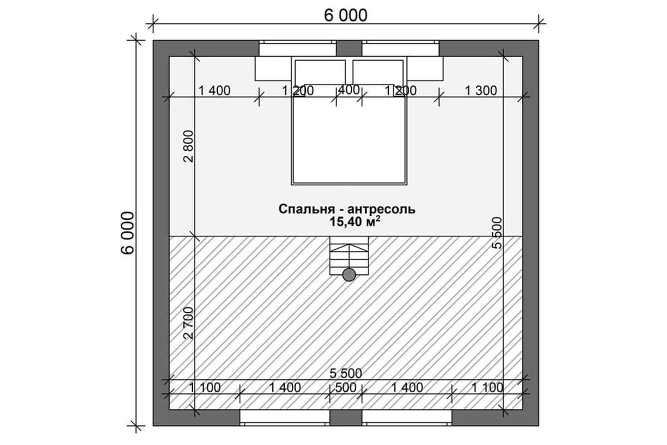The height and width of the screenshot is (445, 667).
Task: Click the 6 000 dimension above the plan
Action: (x=345, y=16)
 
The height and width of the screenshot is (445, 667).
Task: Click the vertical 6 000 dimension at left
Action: (x=127, y=233)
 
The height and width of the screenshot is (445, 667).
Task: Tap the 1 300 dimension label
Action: (x=481, y=91)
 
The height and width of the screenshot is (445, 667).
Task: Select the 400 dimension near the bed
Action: (x=349, y=90)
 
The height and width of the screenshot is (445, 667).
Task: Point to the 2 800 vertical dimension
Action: (x=188, y=146)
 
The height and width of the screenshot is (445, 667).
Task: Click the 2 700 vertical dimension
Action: (x=188, y=323)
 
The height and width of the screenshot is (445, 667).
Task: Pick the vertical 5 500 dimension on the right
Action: (x=497, y=233)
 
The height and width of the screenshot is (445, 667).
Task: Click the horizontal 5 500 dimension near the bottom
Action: (x=346, y=373)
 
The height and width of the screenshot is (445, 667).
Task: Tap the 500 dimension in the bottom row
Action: (x=345, y=388)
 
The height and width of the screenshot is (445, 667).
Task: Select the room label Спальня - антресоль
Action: (x=347, y=209)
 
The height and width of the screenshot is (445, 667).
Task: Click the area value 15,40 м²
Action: (x=355, y=221)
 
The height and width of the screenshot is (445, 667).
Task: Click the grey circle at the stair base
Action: (x=349, y=275)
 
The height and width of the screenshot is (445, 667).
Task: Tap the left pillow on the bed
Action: (x=320, y=72)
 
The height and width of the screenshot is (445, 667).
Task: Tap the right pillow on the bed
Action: (x=378, y=72)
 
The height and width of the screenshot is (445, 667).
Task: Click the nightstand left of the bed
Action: (x=273, y=68)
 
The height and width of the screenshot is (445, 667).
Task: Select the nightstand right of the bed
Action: (x=425, y=68)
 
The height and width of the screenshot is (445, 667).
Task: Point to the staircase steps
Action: (x=349, y=256)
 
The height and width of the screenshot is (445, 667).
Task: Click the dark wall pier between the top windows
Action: (x=349, y=48)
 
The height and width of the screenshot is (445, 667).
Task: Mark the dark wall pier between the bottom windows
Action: (x=346, y=418)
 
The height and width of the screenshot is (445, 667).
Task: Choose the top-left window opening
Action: (x=297, y=48)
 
